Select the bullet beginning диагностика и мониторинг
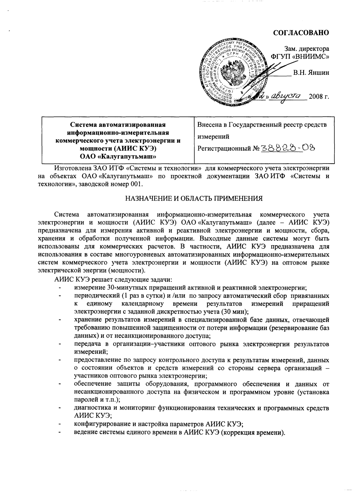pos(201,408)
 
